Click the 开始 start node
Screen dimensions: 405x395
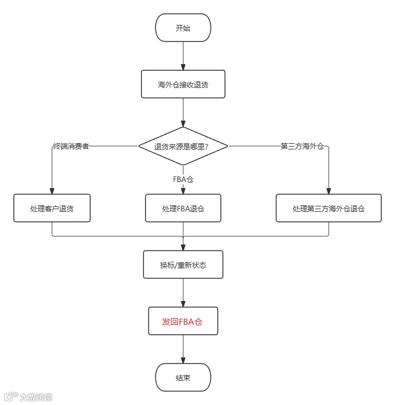click(x=183, y=28)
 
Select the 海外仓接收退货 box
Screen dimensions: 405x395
click(x=183, y=85)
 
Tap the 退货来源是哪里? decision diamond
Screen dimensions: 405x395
click(x=183, y=147)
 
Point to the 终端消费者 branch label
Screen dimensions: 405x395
click(x=71, y=146)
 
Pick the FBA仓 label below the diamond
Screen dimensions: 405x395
click(x=183, y=179)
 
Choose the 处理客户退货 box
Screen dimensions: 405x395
click(x=52, y=209)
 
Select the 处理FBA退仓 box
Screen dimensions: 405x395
click(x=183, y=209)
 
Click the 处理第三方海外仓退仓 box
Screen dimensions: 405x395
click(x=329, y=209)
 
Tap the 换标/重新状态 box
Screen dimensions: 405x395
click(x=183, y=264)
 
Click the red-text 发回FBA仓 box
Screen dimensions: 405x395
click(x=183, y=321)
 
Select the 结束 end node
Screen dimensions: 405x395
click(x=183, y=378)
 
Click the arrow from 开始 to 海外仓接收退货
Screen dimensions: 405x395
click(x=183, y=55)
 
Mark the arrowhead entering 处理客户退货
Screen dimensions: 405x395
click(x=52, y=191)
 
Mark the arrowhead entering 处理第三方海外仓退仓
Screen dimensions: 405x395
click(x=329, y=191)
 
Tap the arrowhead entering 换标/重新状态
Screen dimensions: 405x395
click(x=183, y=247)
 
